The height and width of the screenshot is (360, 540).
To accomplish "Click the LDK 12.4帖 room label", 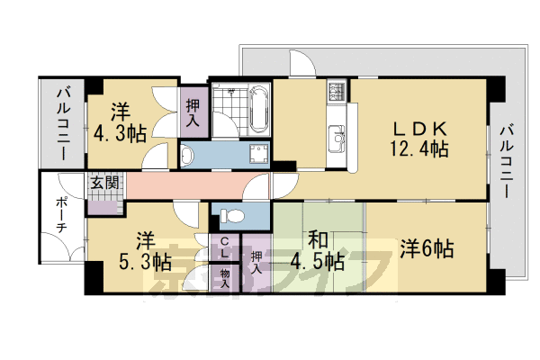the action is coord(419,139).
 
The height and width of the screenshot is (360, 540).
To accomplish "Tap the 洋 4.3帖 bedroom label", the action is coord(121,122).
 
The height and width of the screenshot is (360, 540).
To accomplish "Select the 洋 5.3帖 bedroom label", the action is coord(145,251).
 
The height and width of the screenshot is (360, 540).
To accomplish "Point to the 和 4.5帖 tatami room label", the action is coord(317,251).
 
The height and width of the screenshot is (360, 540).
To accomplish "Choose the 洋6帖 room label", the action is coord(427,248).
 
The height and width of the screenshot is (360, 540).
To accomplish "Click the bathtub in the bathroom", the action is coord(258,109).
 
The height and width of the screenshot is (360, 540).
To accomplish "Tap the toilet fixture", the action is coord(232,216).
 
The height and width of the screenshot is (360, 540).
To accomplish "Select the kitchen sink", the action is coord(337,139).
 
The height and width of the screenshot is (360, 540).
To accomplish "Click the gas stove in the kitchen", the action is coord(337,90).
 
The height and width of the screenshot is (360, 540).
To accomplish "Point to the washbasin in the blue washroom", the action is coord(188,156).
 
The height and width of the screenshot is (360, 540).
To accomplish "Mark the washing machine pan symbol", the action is coord(258,155).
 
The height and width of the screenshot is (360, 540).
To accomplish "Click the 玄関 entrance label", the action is coord(104,182).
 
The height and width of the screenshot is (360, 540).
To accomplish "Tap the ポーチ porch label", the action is coord(61,214).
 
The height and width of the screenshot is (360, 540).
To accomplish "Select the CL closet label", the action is coord(224,247).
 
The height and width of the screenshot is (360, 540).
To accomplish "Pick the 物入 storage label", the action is coord(224,278).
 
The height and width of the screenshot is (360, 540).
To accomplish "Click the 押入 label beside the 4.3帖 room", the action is coord(193,112).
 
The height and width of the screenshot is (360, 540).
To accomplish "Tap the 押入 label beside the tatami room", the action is coord(256,263).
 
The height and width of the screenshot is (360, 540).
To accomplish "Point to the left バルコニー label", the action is coord(64,124).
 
